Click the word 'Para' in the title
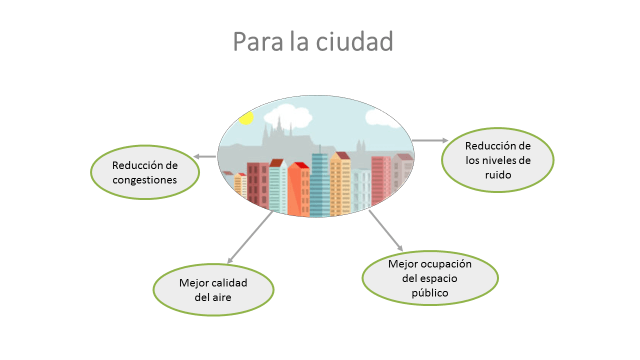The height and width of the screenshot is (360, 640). point(255,42)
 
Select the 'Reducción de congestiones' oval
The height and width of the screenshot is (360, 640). point(145,172)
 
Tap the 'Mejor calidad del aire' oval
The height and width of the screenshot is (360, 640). point(214,289)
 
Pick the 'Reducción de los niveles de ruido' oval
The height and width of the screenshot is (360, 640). point(497,158)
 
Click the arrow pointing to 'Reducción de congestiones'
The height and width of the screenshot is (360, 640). point(205,156)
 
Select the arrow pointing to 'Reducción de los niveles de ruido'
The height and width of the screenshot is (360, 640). point(428,141)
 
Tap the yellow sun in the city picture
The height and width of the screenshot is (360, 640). point(246,118)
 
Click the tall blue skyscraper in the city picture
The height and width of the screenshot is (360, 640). point(320,182)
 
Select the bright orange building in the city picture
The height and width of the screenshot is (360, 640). point(298,190)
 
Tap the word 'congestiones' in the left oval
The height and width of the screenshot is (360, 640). point(145,180)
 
